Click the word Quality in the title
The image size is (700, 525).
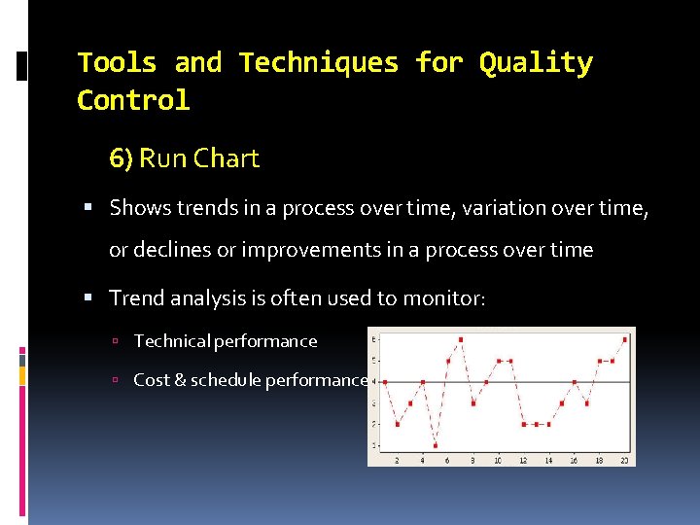click(x=536, y=64)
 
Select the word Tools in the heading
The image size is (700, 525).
click(x=117, y=64)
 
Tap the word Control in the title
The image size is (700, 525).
click(x=133, y=101)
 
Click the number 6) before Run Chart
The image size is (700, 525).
click(x=122, y=158)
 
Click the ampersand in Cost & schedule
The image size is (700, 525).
click(x=178, y=380)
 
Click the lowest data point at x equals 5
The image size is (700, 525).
click(x=436, y=445)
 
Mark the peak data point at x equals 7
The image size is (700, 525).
click(x=461, y=339)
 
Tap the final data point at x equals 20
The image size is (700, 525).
click(x=625, y=339)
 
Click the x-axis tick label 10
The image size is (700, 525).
click(x=498, y=460)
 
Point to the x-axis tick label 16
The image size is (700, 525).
click(x=574, y=460)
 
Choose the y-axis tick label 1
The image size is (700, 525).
click(x=374, y=445)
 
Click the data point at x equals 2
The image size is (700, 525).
click(x=398, y=424)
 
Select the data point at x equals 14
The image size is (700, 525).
click(x=549, y=424)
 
